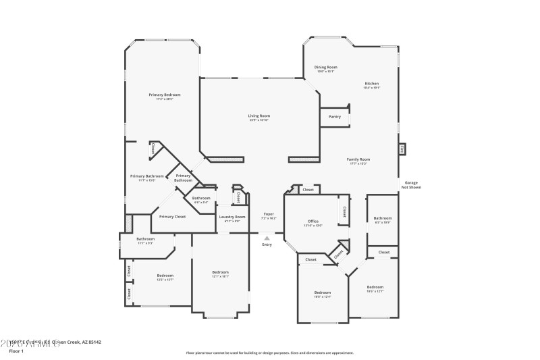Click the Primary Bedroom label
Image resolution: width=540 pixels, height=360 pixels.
coord(165,95)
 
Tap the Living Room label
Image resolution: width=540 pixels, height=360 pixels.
coord(259,115)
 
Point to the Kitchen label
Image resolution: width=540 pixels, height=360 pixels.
coord(372,83)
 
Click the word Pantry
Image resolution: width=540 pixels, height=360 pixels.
coord(335,116)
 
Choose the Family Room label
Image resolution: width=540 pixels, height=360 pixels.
coord(358,159)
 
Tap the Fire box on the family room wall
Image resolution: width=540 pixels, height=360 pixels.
coord(402,149)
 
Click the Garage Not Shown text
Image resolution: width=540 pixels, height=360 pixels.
coord(412,185)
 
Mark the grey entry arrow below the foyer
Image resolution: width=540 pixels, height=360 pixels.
coord(267,238)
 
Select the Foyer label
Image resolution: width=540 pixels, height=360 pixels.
coord(269,214)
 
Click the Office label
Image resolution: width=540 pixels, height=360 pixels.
coord(313,221)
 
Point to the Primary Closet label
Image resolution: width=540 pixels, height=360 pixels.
coord(172,216)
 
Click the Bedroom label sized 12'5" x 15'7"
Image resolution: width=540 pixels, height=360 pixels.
coord(165,276)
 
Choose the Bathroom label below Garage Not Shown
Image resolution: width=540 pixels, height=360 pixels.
coord(383,217)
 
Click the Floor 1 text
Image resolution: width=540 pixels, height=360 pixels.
coord(17,351)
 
